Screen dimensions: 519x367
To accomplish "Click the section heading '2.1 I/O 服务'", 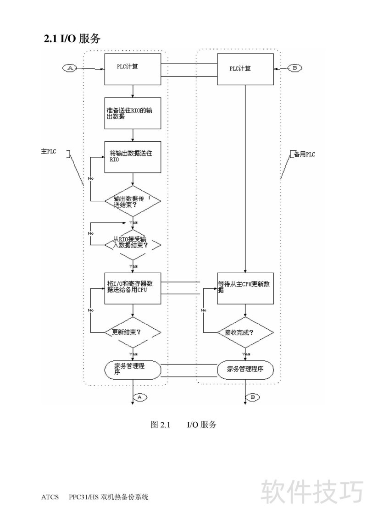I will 72,39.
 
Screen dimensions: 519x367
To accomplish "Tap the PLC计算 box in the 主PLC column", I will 133,69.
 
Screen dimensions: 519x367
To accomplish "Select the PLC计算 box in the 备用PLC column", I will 245,69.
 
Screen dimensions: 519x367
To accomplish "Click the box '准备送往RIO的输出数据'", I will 133,113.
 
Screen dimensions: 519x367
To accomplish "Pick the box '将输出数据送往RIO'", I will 133,157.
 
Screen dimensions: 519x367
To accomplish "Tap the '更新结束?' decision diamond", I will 133,331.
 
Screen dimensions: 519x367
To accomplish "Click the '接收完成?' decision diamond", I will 245,331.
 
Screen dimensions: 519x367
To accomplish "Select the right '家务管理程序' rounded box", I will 245,369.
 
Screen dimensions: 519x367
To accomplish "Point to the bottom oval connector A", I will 140,397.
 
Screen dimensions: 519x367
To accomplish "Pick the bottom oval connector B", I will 253,397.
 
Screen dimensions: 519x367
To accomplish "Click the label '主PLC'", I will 49,152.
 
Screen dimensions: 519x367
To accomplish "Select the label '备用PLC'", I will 304,154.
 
